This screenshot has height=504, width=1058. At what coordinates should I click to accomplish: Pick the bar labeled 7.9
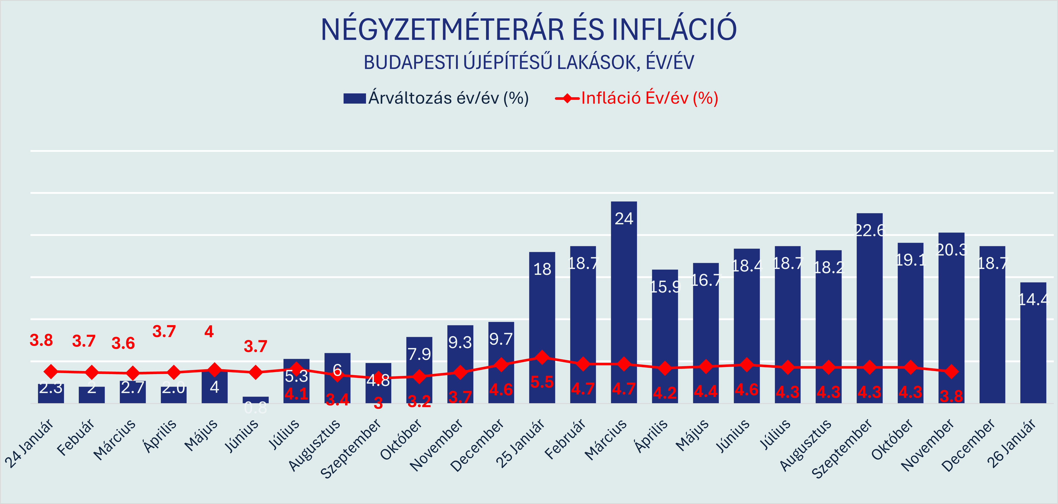[419, 370]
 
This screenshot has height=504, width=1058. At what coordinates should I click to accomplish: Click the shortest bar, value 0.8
[255, 400]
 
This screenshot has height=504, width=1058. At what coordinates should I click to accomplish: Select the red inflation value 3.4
[337, 399]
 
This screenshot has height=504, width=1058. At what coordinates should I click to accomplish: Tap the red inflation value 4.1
[296, 394]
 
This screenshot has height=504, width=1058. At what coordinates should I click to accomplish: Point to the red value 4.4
[706, 391]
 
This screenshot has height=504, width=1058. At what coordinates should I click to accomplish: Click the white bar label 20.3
[951, 250]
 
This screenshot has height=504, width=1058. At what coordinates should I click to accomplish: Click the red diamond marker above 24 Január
[51, 372]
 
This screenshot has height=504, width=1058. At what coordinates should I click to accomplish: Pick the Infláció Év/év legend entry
[637, 98]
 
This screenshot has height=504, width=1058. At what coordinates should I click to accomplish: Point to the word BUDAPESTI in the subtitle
[411, 63]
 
